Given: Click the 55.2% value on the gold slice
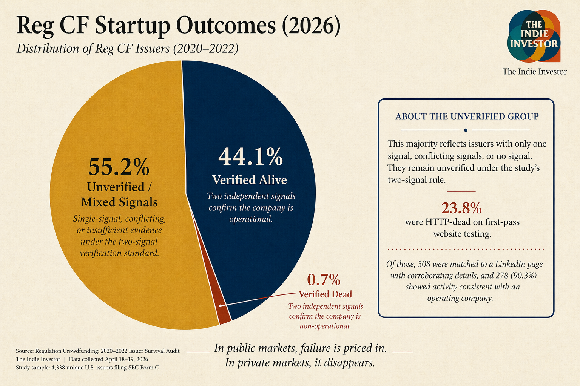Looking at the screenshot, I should click(x=119, y=167).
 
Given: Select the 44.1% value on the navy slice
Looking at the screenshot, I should click(x=250, y=157).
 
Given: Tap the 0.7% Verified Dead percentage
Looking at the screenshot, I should click(x=324, y=280).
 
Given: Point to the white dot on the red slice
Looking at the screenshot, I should click(x=221, y=306).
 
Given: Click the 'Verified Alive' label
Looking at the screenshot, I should click(x=250, y=180).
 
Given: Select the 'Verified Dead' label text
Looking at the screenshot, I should click(x=325, y=294).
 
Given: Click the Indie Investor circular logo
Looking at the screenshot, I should click(x=534, y=36).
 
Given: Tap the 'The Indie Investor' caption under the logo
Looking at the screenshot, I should click(x=534, y=72).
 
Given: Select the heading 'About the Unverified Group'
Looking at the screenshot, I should click(x=467, y=116).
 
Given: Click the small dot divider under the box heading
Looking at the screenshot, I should click(x=466, y=130).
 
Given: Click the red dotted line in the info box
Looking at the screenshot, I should click(x=466, y=250).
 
